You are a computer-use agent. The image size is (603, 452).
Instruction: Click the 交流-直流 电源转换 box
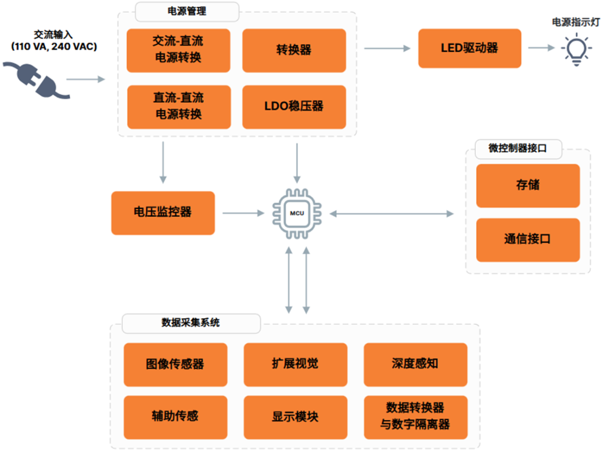[x=179, y=50]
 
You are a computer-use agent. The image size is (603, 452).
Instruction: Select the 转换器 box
[x=294, y=50]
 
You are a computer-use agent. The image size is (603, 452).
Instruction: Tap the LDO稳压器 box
[x=294, y=107]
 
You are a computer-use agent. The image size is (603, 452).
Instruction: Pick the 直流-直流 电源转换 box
[x=179, y=107]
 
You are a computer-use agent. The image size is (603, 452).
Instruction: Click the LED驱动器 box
[x=470, y=49]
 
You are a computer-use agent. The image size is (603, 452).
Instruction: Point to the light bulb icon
[x=576, y=49]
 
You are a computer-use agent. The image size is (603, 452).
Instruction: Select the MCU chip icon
[x=297, y=213]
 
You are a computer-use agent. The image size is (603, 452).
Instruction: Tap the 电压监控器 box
[x=163, y=213]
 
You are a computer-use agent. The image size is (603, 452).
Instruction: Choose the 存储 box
[x=528, y=186]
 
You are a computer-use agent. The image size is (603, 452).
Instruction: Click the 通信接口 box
[x=528, y=240]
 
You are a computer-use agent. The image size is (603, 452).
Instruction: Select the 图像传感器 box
[x=175, y=364]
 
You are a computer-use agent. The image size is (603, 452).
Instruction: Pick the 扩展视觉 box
[x=295, y=364]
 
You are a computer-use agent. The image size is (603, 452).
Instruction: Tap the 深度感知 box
[x=415, y=364]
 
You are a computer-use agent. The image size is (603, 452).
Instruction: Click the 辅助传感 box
[x=175, y=417]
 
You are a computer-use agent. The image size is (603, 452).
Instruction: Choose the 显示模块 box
[x=295, y=417]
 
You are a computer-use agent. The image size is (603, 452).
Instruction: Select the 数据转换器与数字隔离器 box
[x=415, y=417]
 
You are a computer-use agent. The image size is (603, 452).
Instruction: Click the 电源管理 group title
[x=187, y=12]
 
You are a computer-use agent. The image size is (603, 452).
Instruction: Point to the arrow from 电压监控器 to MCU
[x=243, y=213]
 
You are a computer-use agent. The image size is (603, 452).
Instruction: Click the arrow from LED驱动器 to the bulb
[x=542, y=48]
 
